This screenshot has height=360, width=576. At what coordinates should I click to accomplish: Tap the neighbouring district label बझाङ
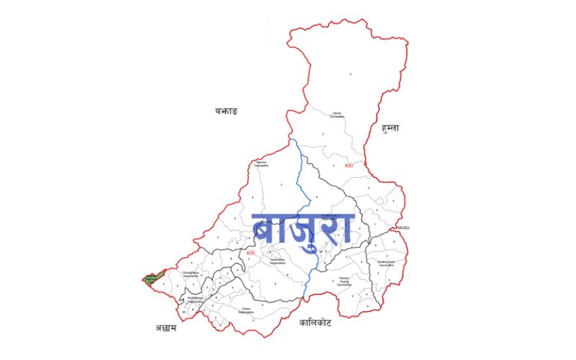point(225,111)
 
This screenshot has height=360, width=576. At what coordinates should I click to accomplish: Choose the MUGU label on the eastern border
point(403,228)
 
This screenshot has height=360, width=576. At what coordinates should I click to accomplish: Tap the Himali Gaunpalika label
point(336,114)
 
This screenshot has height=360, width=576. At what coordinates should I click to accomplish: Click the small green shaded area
point(152,279)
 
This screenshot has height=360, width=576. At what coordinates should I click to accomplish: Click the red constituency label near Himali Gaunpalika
point(349,166)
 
